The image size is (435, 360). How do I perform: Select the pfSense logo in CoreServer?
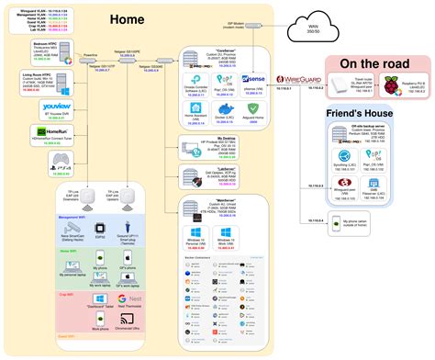coord(253,81)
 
